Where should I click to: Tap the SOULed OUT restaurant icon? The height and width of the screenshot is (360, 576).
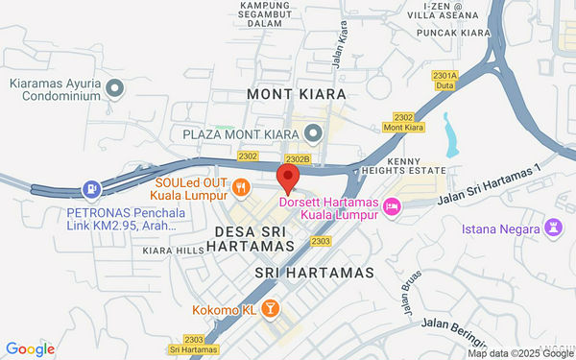241,187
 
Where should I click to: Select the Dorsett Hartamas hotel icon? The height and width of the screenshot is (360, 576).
392,206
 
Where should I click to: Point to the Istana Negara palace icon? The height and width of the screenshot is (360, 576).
554,228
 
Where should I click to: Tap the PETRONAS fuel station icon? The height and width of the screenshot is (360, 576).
91,190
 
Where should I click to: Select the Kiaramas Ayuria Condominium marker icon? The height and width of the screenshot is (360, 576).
114,89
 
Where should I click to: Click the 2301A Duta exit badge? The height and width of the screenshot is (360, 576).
444,80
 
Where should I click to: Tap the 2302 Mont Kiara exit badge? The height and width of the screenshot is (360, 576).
403,122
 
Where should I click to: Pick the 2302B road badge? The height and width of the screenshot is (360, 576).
297,158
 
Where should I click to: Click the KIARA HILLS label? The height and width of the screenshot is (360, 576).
172,252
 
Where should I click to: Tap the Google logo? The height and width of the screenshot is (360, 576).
30,349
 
